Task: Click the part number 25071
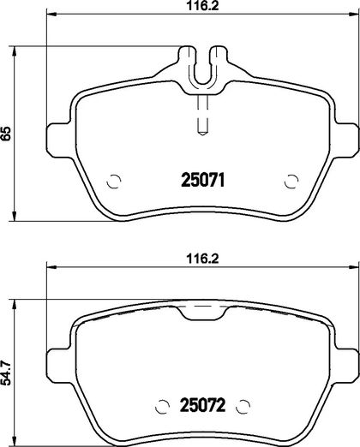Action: [x=203, y=180]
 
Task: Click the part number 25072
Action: [x=202, y=405]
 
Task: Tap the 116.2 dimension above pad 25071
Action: [x=202, y=6]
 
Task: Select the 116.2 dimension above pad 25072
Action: [x=202, y=259]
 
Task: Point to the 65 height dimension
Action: [x=6, y=134]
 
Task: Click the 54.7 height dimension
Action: [x=6, y=373]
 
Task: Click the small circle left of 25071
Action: [x=114, y=181]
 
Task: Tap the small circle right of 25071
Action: [x=291, y=181]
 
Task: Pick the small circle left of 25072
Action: [x=162, y=406]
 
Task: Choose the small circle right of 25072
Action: [x=243, y=406]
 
